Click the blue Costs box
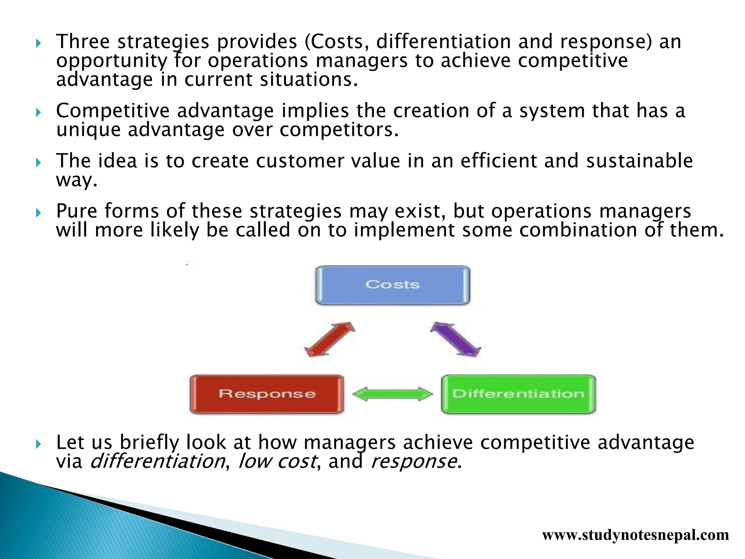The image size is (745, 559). coord(393,285)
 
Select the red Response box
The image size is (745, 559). coord(267,394)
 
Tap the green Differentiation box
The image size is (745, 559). coord(518,394)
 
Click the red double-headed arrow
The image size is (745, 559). coord(330,339)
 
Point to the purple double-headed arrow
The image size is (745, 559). coord(455,339)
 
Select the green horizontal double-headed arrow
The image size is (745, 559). coord(393,394)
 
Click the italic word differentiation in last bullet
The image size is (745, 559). coord(157,461)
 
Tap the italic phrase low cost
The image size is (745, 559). coord(277,461)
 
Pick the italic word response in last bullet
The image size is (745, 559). coord(413,461)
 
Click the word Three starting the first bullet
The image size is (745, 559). coord(83,41)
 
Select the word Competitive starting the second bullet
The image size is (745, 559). coord(113,111)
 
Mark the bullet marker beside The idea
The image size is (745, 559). coord(39,162)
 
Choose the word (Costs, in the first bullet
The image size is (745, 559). coord(334,41)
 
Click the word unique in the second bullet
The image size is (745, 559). coord(88,130)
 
